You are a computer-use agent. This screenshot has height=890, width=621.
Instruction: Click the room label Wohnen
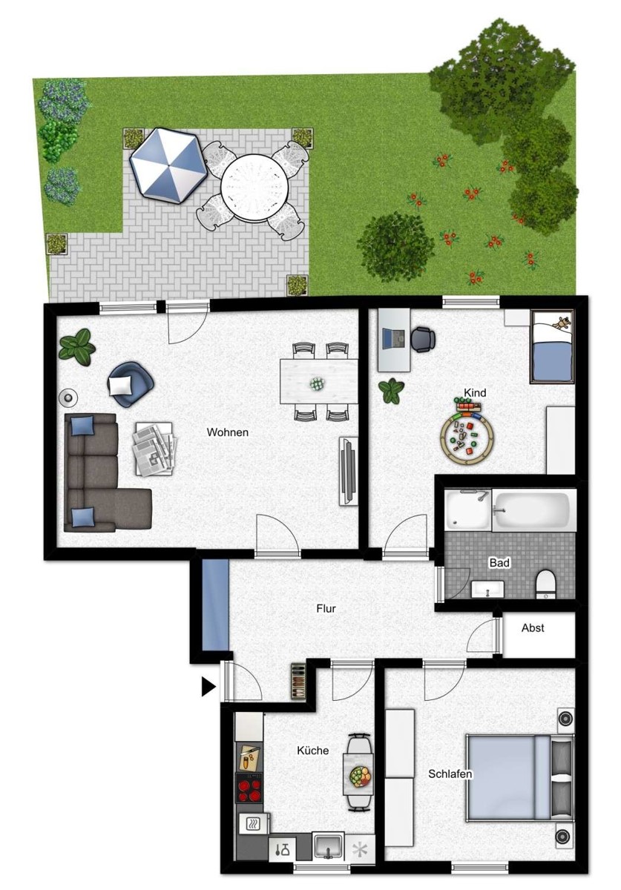pyautogui.click(x=228, y=432)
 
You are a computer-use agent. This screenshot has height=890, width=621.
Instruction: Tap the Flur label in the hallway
pyautogui.click(x=326, y=608)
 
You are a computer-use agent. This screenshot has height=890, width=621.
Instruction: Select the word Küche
pyautogui.click(x=313, y=751)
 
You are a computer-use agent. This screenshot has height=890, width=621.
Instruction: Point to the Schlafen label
pyautogui.click(x=450, y=774)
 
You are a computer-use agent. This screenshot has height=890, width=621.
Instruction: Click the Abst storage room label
pyautogui.click(x=533, y=627)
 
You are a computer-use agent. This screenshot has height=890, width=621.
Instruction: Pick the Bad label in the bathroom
pyautogui.click(x=499, y=563)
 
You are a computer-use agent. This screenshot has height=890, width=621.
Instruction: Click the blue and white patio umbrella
pyautogui.click(x=168, y=165)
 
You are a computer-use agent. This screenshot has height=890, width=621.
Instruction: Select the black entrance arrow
pyautogui.click(x=208, y=687)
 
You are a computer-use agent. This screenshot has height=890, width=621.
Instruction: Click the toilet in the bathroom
pyautogui.click(x=545, y=584)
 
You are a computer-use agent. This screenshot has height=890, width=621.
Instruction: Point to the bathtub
pyautogui.click(x=533, y=510)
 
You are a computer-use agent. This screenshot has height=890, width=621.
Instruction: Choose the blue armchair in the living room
pyautogui.click(x=131, y=384)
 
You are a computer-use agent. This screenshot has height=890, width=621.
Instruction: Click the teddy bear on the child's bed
pyautogui.click(x=563, y=323)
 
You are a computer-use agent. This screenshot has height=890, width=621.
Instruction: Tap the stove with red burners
pyautogui.click(x=249, y=788)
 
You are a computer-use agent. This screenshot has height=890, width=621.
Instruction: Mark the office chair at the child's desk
pyautogui.click(x=423, y=340)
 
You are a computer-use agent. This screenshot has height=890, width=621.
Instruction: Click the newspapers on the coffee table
pyautogui.click(x=154, y=449)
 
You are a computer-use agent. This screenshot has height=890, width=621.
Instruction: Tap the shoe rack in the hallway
pyautogui.click(x=298, y=682)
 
